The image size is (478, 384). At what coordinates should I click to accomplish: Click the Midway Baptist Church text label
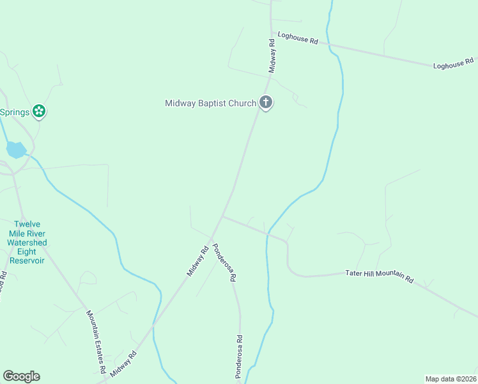coord(210,103)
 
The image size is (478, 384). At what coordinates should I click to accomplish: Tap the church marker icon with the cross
coord(266,102)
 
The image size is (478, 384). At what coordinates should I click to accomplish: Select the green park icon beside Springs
coord(39,112)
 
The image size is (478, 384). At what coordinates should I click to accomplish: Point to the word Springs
coord(14,113)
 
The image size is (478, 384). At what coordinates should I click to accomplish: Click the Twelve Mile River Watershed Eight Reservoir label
coord(27,243)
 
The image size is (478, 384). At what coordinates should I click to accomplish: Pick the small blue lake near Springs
coord(16,150)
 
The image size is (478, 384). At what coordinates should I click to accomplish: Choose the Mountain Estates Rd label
coord(96,341)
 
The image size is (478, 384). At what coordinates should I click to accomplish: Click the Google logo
coord(21,376)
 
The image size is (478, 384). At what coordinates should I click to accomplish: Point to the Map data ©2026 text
coord(451,379)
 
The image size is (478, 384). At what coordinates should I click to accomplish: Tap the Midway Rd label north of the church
coord(272,55)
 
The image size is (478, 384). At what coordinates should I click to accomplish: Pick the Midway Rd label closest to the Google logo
coord(124,364)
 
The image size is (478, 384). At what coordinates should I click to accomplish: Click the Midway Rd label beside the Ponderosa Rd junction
coord(198,262)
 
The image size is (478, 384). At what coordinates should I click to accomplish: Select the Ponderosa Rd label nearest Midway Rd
coord(225,262)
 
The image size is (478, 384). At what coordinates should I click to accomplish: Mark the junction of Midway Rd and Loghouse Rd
coord(272,33)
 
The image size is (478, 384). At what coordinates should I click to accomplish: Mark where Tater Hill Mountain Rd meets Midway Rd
coord(222,216)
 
